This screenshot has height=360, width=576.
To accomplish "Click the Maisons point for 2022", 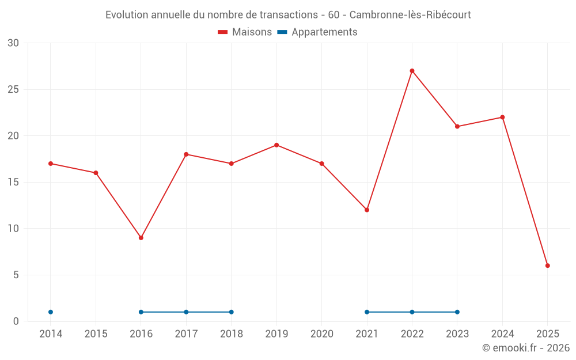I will click(x=412, y=71).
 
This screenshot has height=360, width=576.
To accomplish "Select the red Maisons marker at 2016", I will click(x=141, y=238).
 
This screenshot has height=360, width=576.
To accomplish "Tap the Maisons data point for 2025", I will click(x=548, y=266).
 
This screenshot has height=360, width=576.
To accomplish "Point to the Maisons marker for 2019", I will click(x=276, y=145).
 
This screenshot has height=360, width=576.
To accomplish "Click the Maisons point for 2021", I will click(x=367, y=210).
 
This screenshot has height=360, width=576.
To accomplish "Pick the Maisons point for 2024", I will click(x=502, y=118).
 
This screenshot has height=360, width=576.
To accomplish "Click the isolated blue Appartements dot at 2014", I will click(x=51, y=312).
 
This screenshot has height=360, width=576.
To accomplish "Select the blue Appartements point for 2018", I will click(x=232, y=312).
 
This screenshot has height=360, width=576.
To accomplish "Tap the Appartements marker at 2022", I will click(x=412, y=312).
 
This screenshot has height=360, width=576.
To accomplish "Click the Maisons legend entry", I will click(x=245, y=32).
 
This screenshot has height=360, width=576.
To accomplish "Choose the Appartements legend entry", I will click(x=317, y=32).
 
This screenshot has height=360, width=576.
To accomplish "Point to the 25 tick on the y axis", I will click(x=13, y=89).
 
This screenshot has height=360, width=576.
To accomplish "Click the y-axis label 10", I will click(x=13, y=229).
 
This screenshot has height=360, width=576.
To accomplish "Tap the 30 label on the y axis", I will click(x=13, y=43).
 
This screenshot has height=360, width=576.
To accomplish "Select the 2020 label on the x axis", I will click(x=321, y=334).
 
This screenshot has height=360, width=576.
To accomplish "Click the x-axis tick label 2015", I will click(x=96, y=334).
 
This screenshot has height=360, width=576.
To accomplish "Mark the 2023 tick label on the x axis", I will click(x=457, y=334).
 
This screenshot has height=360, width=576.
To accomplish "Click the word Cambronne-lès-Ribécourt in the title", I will click(x=410, y=15).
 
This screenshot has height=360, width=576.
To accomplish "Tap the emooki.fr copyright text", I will click(x=526, y=348).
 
